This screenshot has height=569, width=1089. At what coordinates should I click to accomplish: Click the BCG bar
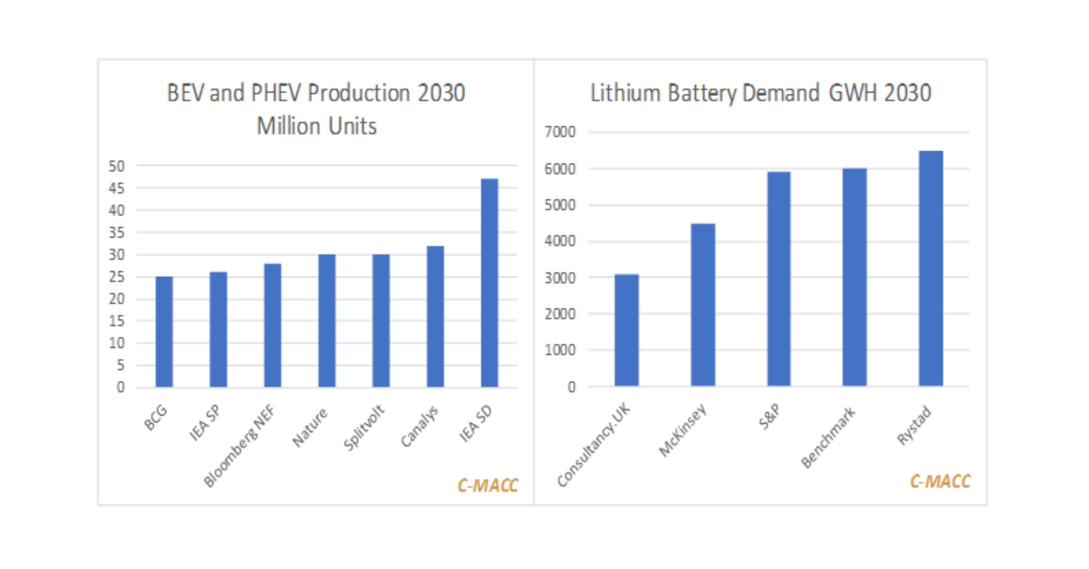coord(164,332)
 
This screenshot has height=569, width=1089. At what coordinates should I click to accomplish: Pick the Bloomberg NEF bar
coord(273,325)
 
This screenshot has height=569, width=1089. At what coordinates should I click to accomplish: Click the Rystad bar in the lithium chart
coord(931,268)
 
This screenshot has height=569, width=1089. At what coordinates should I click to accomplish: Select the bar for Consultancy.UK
coord(626,330)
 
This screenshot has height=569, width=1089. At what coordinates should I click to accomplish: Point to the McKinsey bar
coord(703,304)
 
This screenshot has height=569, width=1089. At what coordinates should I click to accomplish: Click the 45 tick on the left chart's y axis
coord(117,188)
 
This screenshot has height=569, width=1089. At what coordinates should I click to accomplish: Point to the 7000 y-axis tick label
coord(560,132)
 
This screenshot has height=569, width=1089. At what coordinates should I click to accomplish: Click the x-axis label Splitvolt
coord(364,427)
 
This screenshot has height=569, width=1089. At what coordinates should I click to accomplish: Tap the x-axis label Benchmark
coord(828,437)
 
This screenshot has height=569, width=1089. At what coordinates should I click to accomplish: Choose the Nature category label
coord(310,427)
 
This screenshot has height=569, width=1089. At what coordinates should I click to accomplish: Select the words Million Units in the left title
coord(317,126)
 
